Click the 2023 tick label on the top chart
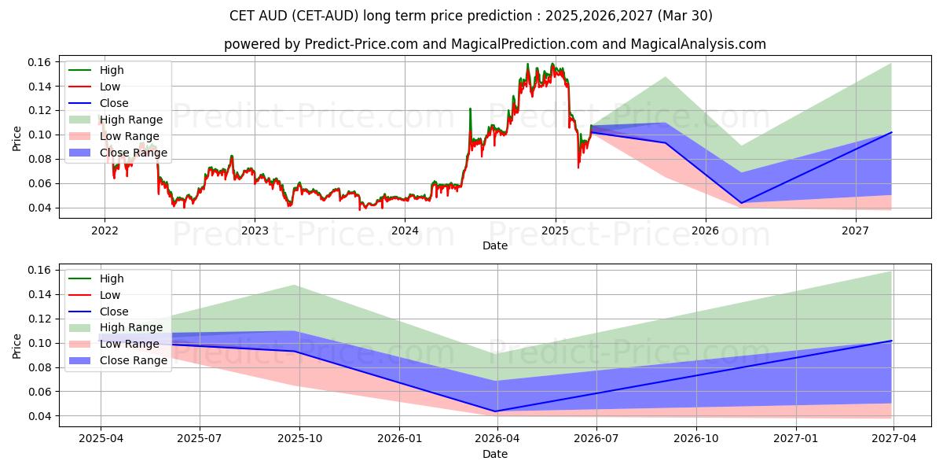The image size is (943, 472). pyautogui.click(x=255, y=230)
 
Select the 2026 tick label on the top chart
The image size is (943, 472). pyautogui.click(x=706, y=230)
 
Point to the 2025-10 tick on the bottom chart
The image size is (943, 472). pyautogui.click(x=299, y=439)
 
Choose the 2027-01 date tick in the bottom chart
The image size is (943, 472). pyautogui.click(x=797, y=439)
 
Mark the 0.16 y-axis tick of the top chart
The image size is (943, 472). pyautogui.click(x=40, y=62)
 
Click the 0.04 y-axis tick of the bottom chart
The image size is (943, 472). pyautogui.click(x=40, y=416)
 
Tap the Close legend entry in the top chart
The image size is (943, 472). pyautogui.click(x=113, y=103)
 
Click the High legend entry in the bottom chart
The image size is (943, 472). pyautogui.click(x=111, y=278)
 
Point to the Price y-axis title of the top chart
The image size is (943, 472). pyautogui.click(x=17, y=138)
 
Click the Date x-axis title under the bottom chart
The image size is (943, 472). pyautogui.click(x=495, y=454)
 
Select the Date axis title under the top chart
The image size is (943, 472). pyautogui.click(x=495, y=245)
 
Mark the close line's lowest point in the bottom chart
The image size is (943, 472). pyautogui.click(x=496, y=411)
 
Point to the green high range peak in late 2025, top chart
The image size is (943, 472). pyautogui.click(x=666, y=77)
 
